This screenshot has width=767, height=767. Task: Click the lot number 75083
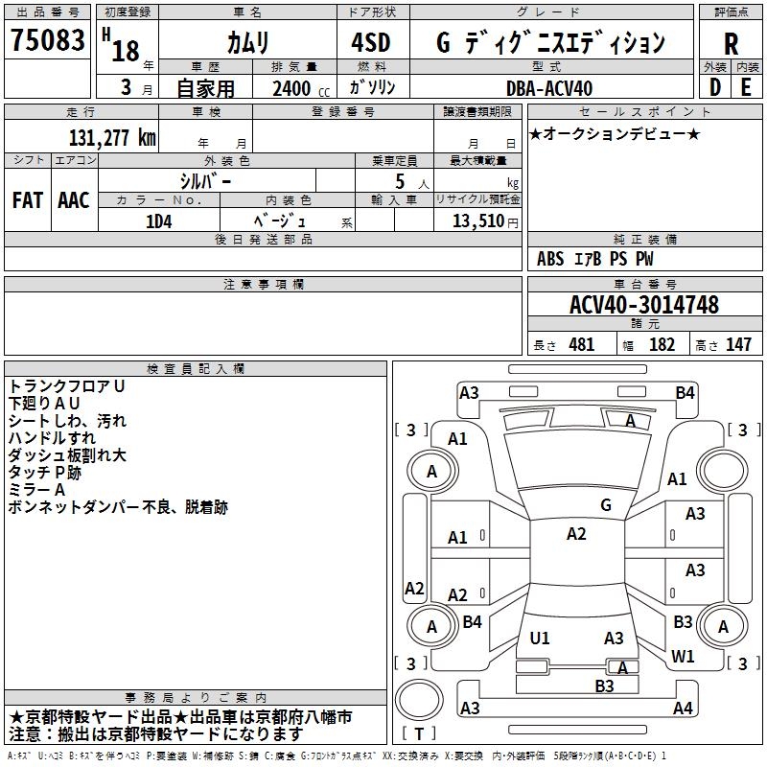click(47, 41)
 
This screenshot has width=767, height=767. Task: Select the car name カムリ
click(247, 43)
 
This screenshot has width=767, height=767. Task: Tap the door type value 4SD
click(371, 43)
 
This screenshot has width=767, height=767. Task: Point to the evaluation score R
click(732, 45)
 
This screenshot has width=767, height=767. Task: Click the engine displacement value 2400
click(291, 89)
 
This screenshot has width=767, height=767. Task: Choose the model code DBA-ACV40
click(549, 89)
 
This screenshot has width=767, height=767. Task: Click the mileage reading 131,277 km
click(111, 137)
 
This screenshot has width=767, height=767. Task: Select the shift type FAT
click(27, 200)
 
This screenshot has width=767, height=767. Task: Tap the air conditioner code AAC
click(74, 200)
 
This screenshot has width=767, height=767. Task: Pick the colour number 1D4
click(158, 220)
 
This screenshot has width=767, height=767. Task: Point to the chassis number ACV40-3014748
click(643, 305)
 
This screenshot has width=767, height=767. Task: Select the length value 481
click(581, 344)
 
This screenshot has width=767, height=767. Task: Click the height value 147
click(738, 344)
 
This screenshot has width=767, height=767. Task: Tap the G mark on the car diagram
click(606, 505)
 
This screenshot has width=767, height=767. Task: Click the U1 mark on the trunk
click(540, 639)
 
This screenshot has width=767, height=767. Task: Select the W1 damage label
click(683, 657)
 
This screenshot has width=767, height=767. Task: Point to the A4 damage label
click(683, 709)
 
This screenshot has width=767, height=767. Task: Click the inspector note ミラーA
click(37, 490)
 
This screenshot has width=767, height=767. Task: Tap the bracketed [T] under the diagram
click(420, 734)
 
